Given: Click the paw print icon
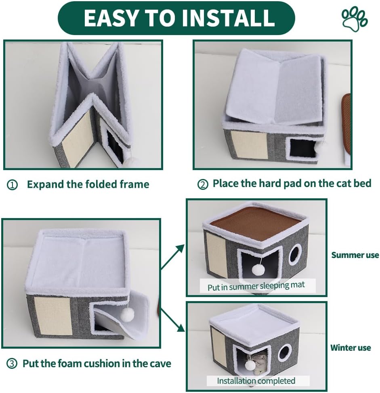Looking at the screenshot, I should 355,19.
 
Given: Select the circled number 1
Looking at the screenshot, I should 13,185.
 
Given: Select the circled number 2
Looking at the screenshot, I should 202,184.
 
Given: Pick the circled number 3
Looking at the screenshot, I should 13,364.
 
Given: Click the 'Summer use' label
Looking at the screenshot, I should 355,255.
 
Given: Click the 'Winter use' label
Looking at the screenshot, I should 351,347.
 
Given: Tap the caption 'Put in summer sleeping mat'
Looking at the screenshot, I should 256,287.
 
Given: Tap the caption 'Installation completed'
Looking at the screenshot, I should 256,381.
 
